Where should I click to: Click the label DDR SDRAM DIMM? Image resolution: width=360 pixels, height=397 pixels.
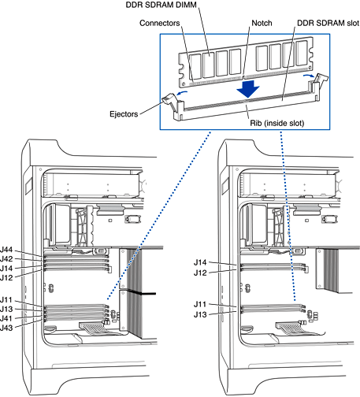click(161, 5)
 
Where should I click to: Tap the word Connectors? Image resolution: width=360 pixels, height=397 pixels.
click(160, 23)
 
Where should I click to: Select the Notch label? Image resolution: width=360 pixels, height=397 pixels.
click(262, 23)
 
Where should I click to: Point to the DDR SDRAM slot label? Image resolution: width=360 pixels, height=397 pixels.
click(328, 23)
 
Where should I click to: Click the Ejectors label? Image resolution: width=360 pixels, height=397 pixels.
click(124, 114)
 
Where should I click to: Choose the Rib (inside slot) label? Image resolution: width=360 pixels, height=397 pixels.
click(277, 123)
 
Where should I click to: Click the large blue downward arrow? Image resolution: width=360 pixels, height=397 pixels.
click(248, 89)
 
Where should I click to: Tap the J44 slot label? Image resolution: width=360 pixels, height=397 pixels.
click(6, 250)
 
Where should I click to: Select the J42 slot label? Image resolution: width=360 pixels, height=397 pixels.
click(6, 259)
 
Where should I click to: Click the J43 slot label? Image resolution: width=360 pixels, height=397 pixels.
click(6, 328)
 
